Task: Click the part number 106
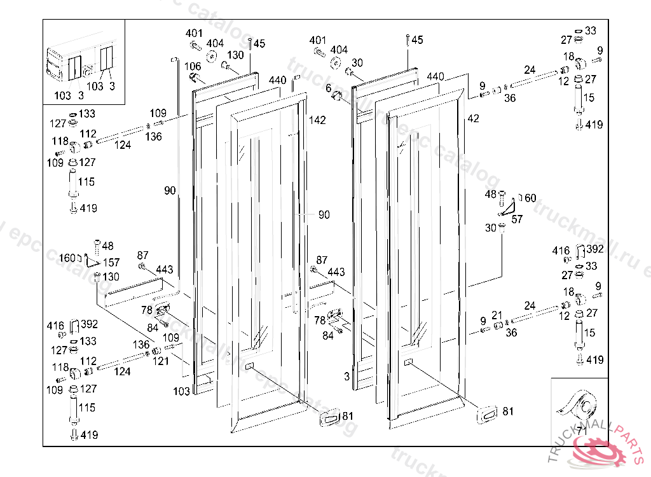point(193,66)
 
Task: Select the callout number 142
point(317,120)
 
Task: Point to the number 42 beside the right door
point(473,118)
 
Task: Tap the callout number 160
point(66,258)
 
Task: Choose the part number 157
point(111,263)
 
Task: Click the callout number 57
point(517,219)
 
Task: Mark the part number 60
point(530,198)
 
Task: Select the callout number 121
point(161,361)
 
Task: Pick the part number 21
point(497,315)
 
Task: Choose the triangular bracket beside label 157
point(92,259)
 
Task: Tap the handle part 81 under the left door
point(329,418)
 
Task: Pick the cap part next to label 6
point(337,96)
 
